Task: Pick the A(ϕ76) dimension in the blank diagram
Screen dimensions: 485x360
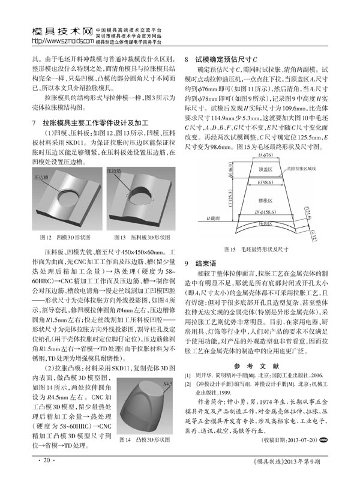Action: pyautogui.click(x=263, y=155)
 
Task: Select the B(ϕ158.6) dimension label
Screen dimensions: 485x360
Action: pyautogui.click(x=264, y=213)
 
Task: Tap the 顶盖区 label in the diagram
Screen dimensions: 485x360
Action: pyautogui.click(x=264, y=169)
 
